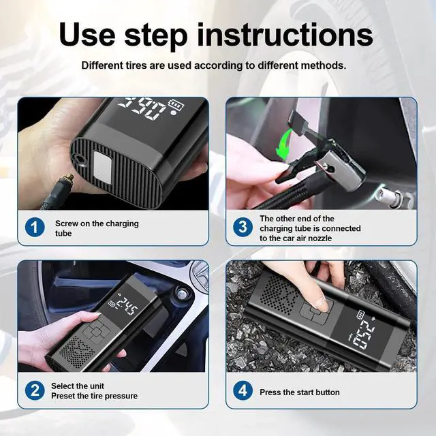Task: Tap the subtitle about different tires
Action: click(x=214, y=66)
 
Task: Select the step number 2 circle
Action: click(x=35, y=391)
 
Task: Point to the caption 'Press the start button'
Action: click(x=300, y=392)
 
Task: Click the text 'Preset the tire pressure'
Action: click(x=94, y=396)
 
